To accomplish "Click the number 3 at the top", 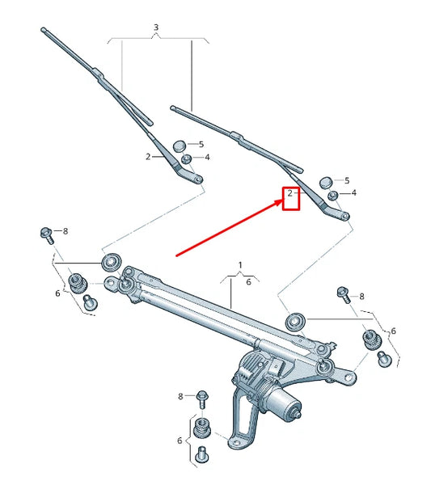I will pos(156,27).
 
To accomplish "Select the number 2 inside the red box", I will pos(289,194).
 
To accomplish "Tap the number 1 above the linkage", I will pos(239,265).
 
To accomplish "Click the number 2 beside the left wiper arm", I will pos(148,157).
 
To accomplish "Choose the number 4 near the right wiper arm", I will pos(353,193).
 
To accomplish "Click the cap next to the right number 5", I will pos(326,183).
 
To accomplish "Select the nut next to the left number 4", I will pos(186,157).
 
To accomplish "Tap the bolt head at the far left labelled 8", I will pos(45,234).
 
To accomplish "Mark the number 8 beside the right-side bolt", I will pos(361,297).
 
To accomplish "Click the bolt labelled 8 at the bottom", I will pos(202,397).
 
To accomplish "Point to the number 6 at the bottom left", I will pos(180,441).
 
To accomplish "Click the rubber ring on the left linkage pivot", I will pos(110,261).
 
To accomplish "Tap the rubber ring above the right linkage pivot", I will pos(296,321).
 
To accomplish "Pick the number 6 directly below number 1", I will pos(247,282).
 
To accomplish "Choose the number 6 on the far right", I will pos(393,331).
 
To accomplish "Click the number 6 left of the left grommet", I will pos(57,293).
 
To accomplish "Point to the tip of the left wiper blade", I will pos(42,31).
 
